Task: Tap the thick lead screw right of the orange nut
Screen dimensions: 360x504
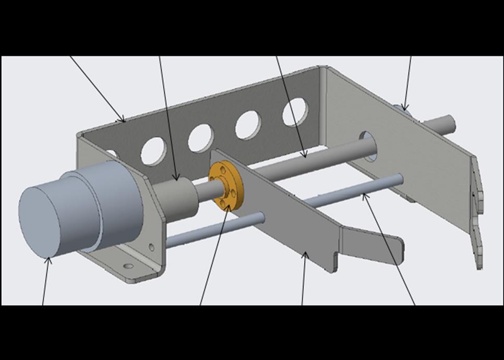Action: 313,159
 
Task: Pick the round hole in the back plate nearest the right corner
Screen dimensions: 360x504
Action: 295,112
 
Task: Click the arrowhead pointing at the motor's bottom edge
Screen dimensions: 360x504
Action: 50,260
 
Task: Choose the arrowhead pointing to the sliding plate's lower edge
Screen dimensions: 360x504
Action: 306,255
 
